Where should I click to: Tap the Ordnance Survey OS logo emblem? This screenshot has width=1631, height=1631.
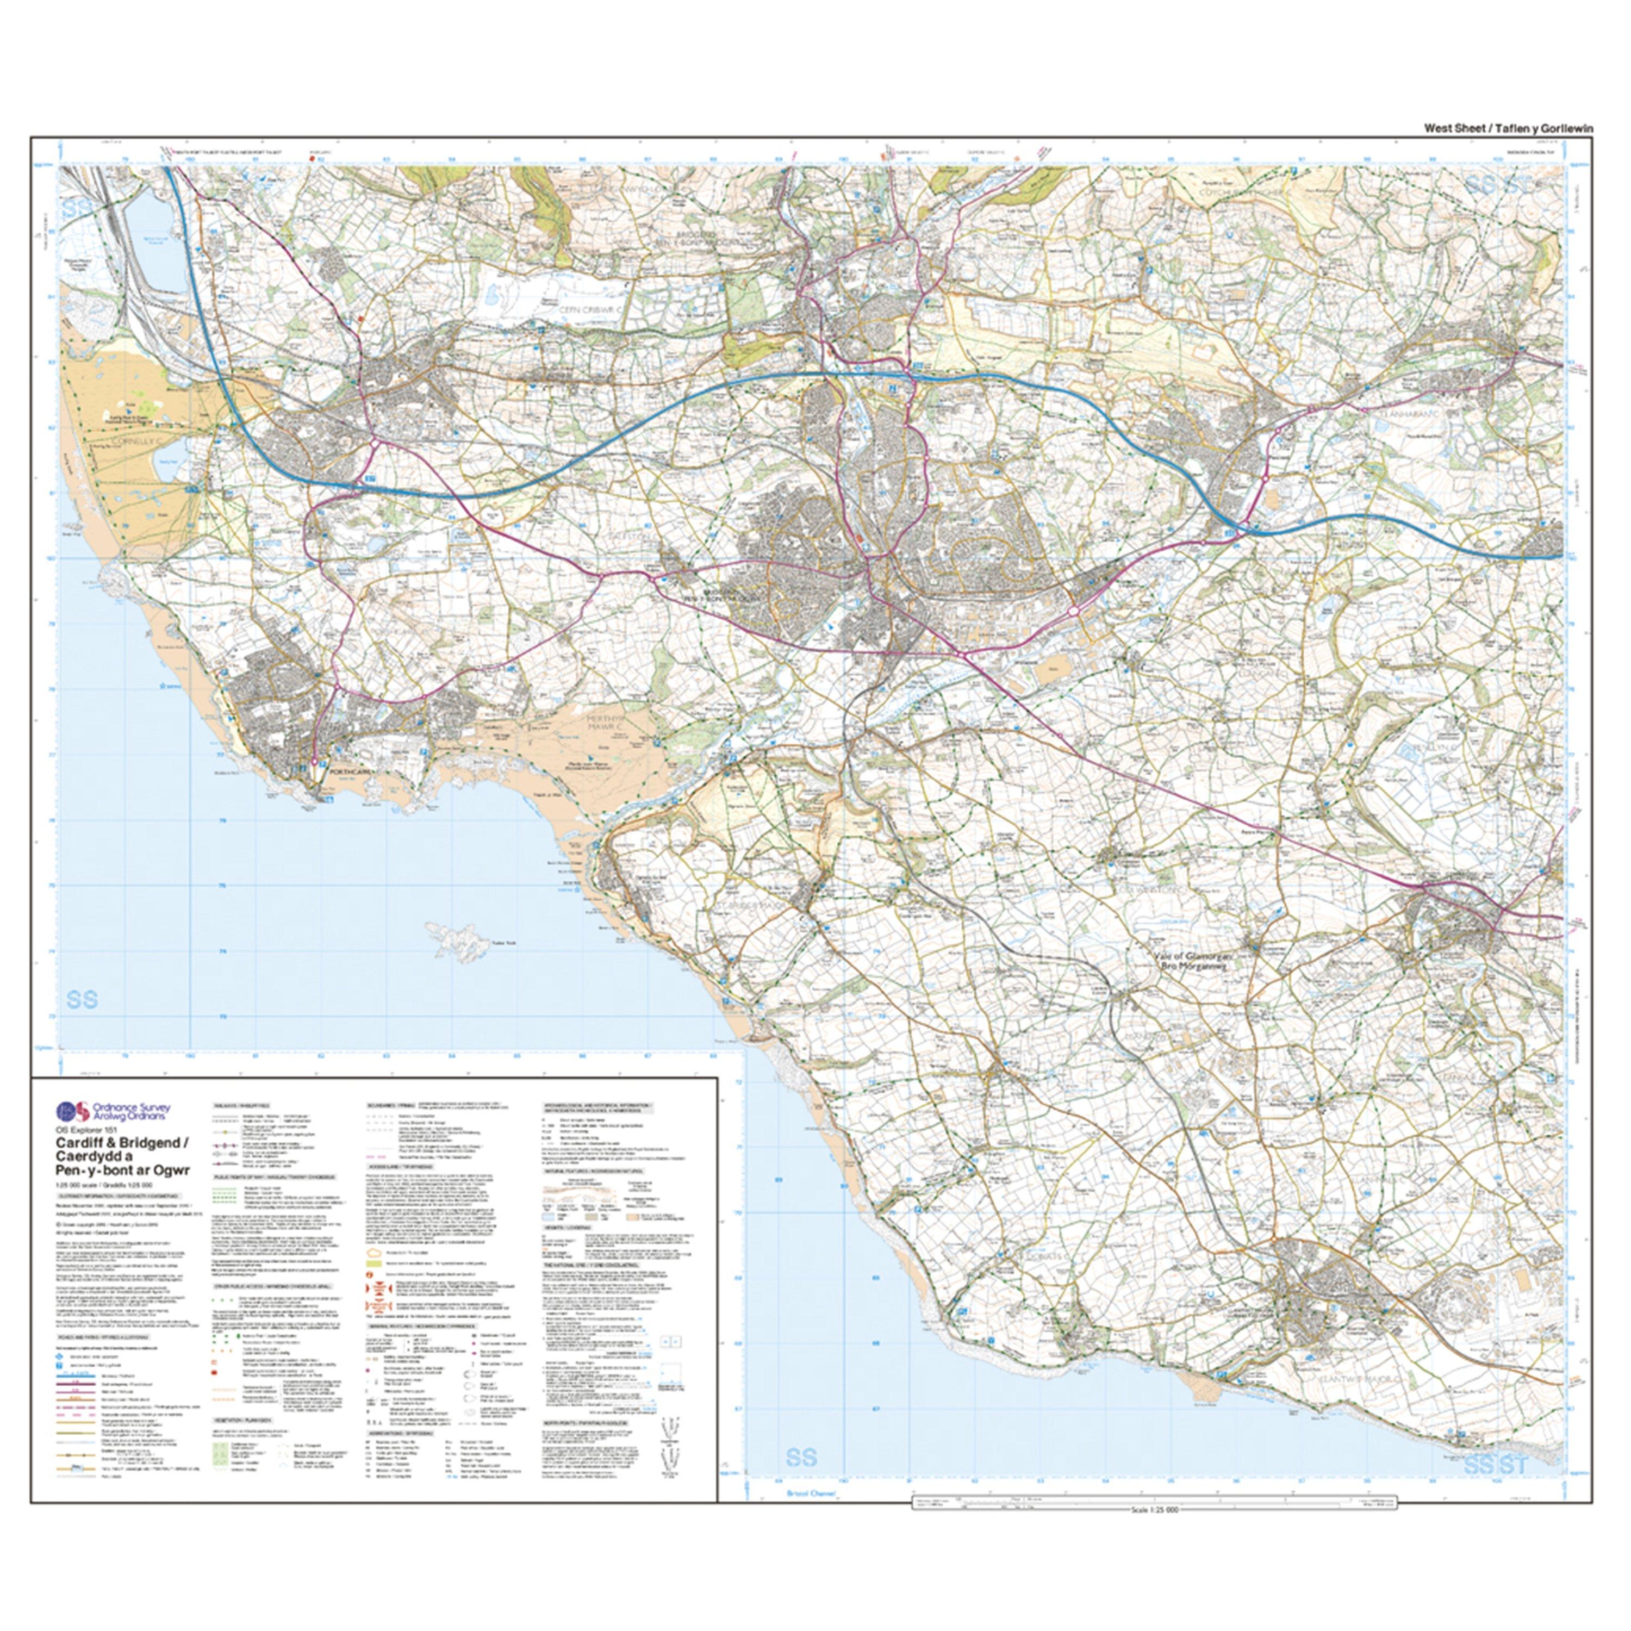pos(71,1111)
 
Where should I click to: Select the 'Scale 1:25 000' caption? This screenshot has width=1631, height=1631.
pos(1155,1509)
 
